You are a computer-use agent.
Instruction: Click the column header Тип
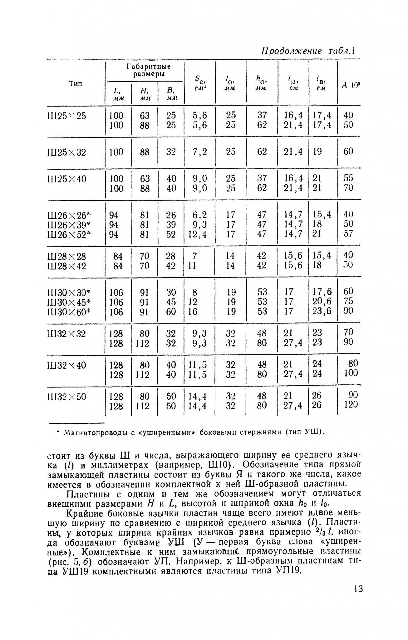[x=75, y=84]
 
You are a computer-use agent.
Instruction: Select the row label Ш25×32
[x=66, y=152]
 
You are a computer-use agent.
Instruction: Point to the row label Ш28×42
[x=66, y=266]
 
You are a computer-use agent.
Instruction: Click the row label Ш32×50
[x=66, y=397]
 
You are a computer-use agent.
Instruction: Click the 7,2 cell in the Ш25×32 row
[x=200, y=152]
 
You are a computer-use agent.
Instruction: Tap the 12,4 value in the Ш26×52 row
[x=198, y=234]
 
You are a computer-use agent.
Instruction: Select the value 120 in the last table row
[x=351, y=405]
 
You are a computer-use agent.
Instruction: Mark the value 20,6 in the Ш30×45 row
[x=322, y=302]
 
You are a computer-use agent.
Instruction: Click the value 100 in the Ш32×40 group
[x=351, y=373]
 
